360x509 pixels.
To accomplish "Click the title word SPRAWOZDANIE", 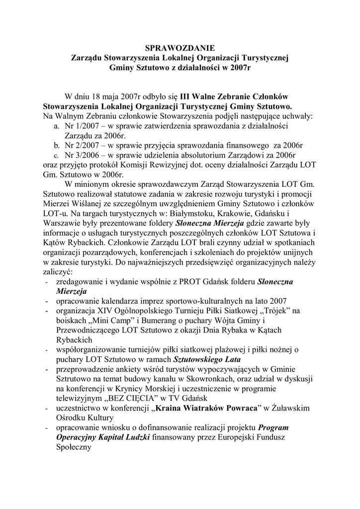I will point(180,48).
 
